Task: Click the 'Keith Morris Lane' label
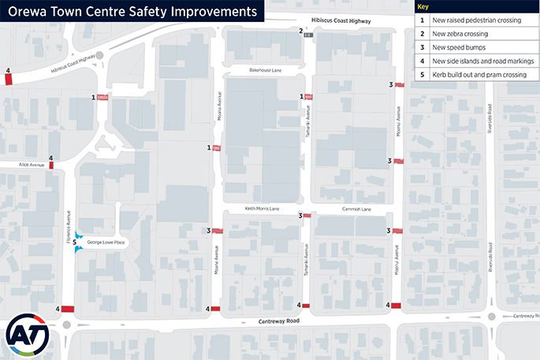263,209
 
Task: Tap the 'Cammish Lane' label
356,210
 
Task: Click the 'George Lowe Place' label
106,243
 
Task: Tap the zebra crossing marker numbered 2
309,35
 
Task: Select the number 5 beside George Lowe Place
74,243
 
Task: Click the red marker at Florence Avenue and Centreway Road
67,309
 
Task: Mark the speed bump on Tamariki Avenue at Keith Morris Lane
306,215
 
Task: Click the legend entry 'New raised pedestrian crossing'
476,20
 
